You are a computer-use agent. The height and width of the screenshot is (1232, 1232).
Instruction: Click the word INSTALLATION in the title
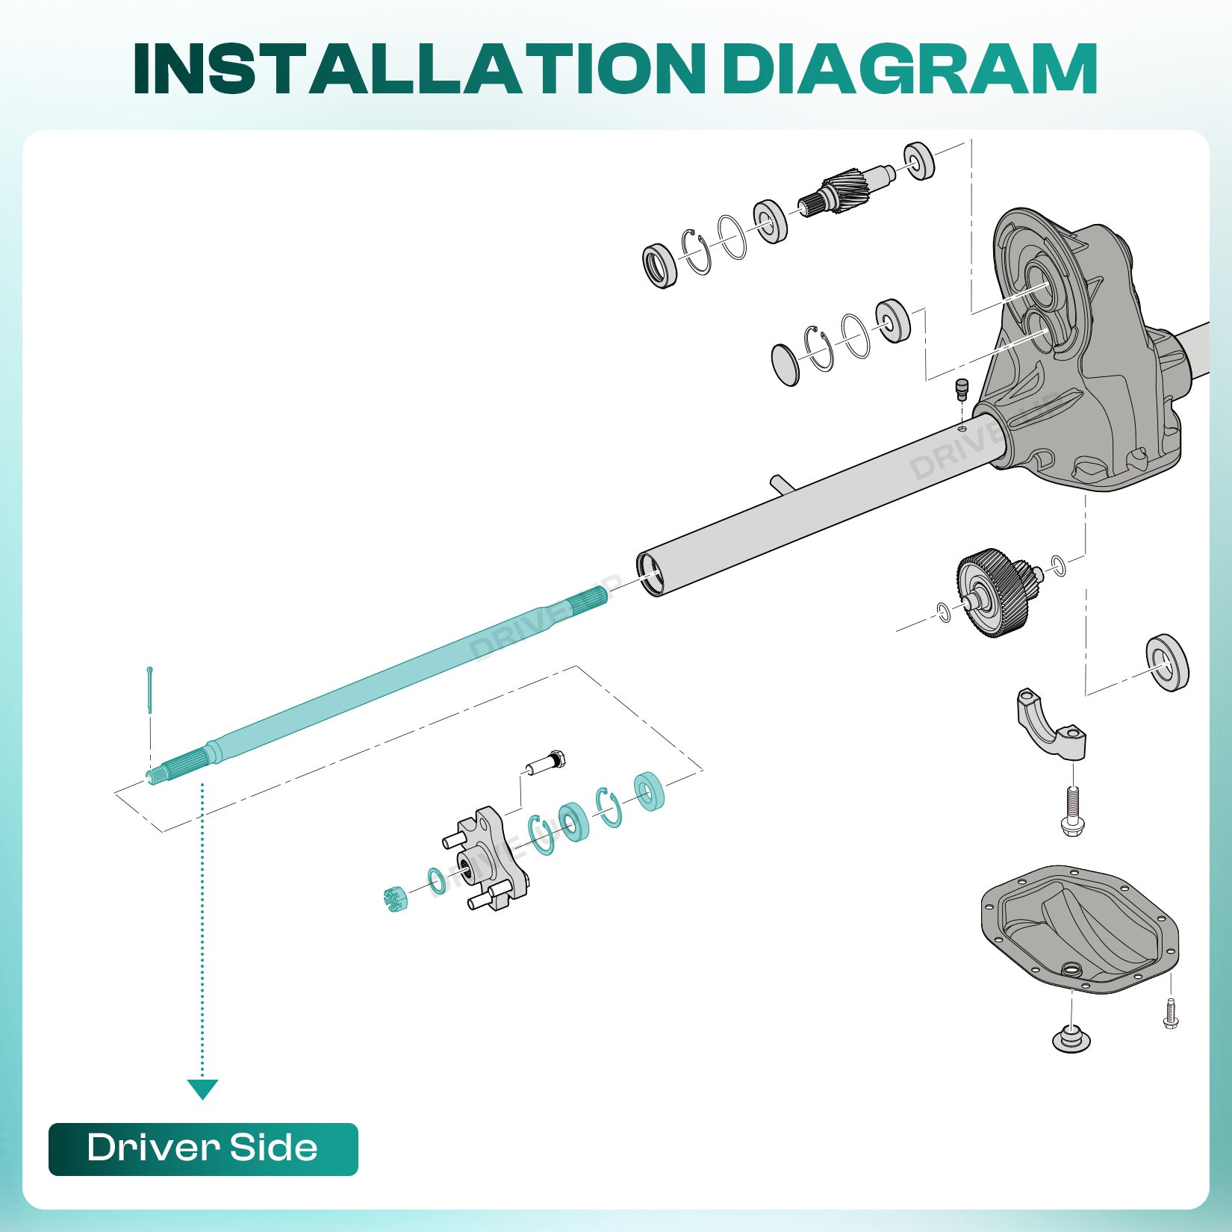pos(418,69)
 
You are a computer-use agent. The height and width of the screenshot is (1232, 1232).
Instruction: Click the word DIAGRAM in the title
pos(909,69)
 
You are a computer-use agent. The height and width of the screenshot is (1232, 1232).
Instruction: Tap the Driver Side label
pos(203,1148)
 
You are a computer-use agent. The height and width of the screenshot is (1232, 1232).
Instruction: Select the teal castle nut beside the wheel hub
pos(394,900)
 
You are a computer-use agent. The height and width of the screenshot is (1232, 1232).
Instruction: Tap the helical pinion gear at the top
pos(847,190)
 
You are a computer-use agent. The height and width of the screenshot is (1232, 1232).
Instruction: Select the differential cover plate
pos(1079,929)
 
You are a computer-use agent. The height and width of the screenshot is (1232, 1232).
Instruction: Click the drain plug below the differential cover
pos(1071,1039)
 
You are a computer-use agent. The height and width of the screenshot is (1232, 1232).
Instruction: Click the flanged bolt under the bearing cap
pos(1072,811)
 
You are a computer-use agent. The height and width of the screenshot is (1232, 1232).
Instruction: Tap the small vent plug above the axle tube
pos(962,388)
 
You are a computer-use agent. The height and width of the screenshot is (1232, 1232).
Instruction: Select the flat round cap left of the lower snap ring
pos(785,365)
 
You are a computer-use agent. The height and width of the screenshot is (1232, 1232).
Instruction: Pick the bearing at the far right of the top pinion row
pos(919,160)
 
